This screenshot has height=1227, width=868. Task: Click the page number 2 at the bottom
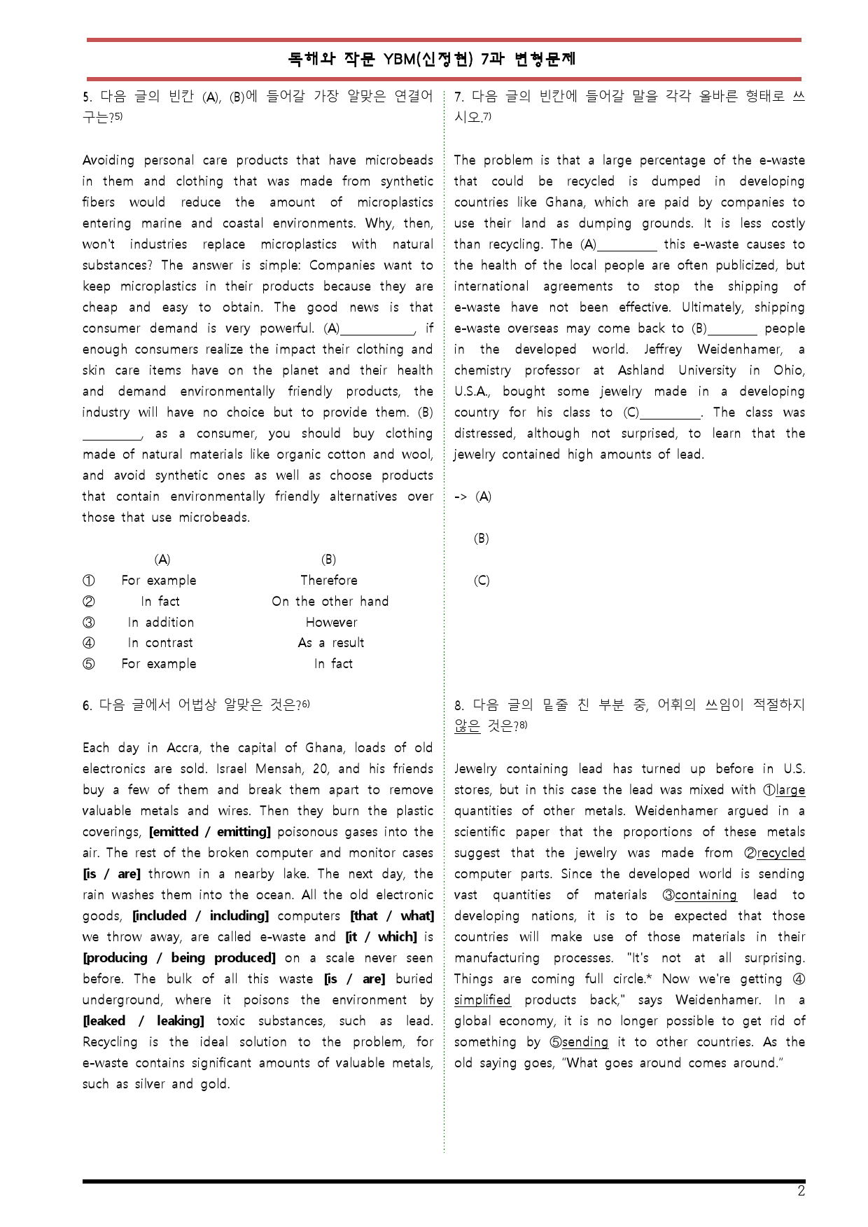point(801,1191)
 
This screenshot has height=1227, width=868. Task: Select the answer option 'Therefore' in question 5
point(328,581)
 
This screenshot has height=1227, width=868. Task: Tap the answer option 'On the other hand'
point(330,602)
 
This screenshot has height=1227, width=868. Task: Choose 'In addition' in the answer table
point(160,623)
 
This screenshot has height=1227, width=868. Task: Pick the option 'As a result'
point(330,643)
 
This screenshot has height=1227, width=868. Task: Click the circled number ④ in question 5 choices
point(89,643)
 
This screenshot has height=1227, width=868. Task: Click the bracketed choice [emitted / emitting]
point(210,832)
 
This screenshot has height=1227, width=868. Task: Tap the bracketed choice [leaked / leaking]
point(143,1021)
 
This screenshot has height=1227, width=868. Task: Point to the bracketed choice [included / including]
point(200,916)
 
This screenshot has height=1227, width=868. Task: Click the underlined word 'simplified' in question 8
point(482,1000)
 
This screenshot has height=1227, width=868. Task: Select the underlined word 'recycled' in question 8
point(780,853)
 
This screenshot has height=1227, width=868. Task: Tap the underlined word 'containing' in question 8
point(706,895)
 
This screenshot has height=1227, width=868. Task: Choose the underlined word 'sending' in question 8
point(585,1042)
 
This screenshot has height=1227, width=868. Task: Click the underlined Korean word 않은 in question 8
point(467,726)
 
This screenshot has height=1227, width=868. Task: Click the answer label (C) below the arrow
point(482,581)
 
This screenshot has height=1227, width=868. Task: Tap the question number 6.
point(87,706)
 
